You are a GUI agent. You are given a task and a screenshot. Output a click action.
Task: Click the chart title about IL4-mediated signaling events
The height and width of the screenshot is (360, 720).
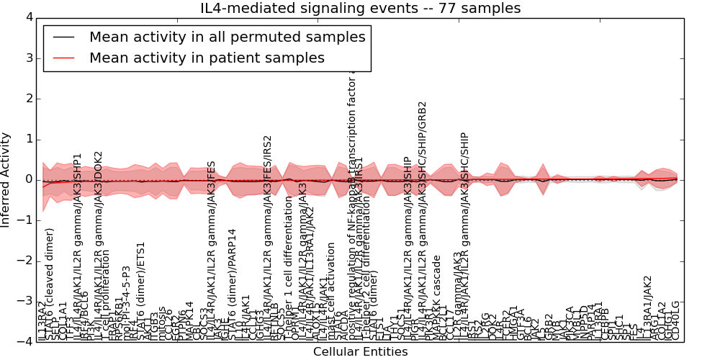tap(360, 9)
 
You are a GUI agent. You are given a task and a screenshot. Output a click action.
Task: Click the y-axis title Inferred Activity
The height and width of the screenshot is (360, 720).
tap(6, 179)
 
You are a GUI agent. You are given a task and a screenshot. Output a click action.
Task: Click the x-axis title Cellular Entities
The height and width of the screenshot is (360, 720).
tap(360, 352)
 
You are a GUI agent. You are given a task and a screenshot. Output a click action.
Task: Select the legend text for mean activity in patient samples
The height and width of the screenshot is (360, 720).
tap(207, 58)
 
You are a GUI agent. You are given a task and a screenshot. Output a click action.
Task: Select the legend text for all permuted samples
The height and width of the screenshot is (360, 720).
tap(227, 37)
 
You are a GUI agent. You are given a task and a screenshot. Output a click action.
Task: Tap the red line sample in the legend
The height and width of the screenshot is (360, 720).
tap(63, 58)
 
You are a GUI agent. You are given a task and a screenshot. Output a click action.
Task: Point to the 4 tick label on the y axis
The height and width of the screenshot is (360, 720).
tap(28, 17)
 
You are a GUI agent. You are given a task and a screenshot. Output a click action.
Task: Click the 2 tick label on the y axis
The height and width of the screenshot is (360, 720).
tap(28, 99)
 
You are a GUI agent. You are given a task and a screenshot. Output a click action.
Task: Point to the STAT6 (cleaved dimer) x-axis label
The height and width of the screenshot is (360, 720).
tap(50, 284)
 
